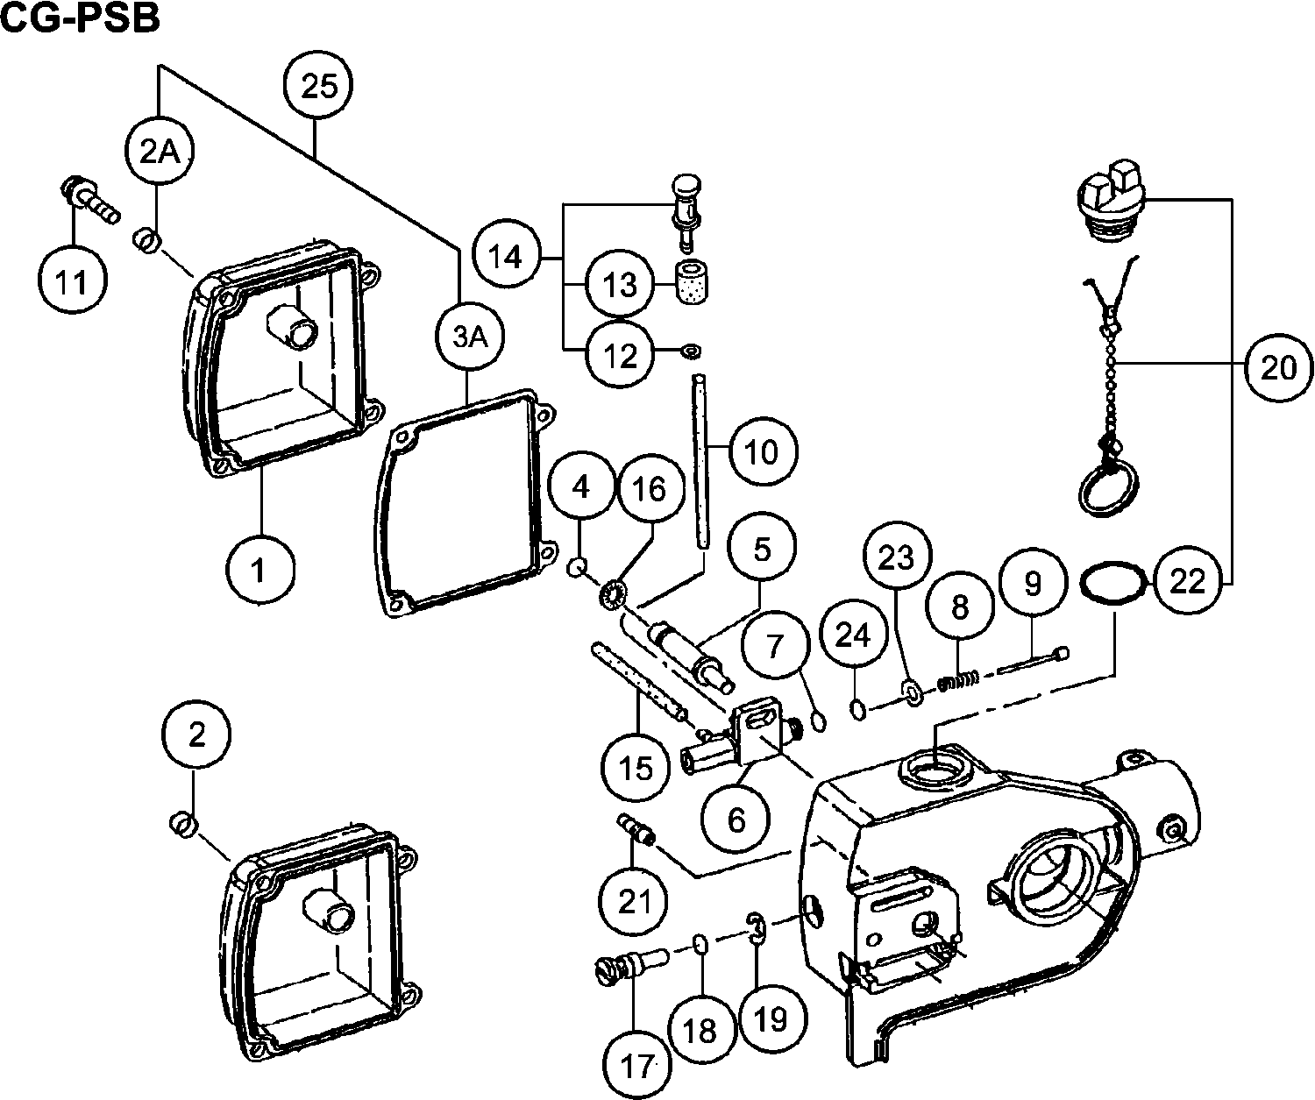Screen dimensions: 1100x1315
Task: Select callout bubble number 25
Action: [x=319, y=87]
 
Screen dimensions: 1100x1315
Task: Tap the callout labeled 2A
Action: [x=160, y=153]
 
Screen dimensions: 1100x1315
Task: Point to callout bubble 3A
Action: [x=468, y=338]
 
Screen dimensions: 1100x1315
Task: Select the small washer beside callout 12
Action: [x=692, y=352]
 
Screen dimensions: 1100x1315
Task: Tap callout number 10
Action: [x=759, y=452]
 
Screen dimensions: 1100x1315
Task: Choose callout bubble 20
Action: [x=1278, y=367]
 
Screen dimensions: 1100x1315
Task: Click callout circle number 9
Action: [x=1032, y=583]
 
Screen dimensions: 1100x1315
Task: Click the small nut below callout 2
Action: [x=182, y=823]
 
